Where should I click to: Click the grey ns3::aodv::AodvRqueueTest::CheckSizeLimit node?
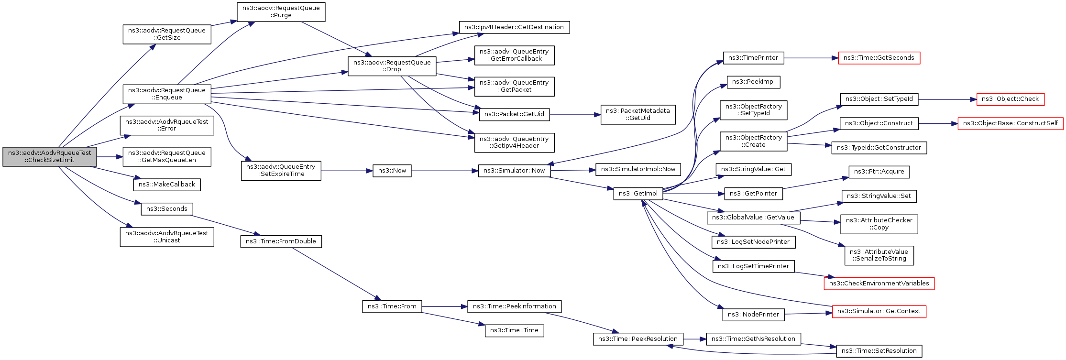50,157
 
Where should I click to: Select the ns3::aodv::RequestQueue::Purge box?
281,12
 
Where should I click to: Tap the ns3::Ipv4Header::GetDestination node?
514,27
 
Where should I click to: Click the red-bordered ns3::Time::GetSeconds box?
879,58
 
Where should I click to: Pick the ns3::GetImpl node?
638,194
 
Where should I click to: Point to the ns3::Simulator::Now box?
514,171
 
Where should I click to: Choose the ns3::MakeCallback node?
167,185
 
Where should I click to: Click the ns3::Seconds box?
167,209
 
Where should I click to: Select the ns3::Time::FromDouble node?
281,241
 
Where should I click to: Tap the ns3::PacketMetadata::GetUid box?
638,115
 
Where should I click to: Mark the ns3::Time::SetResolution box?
879,351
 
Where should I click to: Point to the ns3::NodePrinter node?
753,315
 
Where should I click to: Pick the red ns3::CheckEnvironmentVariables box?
879,284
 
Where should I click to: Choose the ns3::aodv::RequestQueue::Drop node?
392,66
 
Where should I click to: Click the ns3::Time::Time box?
514,330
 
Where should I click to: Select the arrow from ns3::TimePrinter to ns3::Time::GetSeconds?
811,58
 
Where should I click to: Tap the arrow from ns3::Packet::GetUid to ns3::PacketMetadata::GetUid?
575,115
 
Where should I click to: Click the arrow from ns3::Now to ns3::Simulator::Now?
445,171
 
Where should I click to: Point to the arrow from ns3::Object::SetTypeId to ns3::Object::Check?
947,99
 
